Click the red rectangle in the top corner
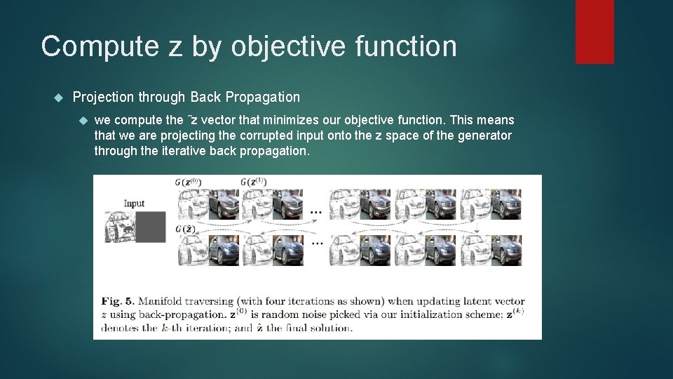tap(594, 32)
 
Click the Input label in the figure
tap(134, 204)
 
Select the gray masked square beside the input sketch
tap(150, 227)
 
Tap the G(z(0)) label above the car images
tap(189, 182)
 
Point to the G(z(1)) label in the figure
tap(253, 182)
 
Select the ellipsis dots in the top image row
tap(316, 210)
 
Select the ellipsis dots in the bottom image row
tap(316, 242)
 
